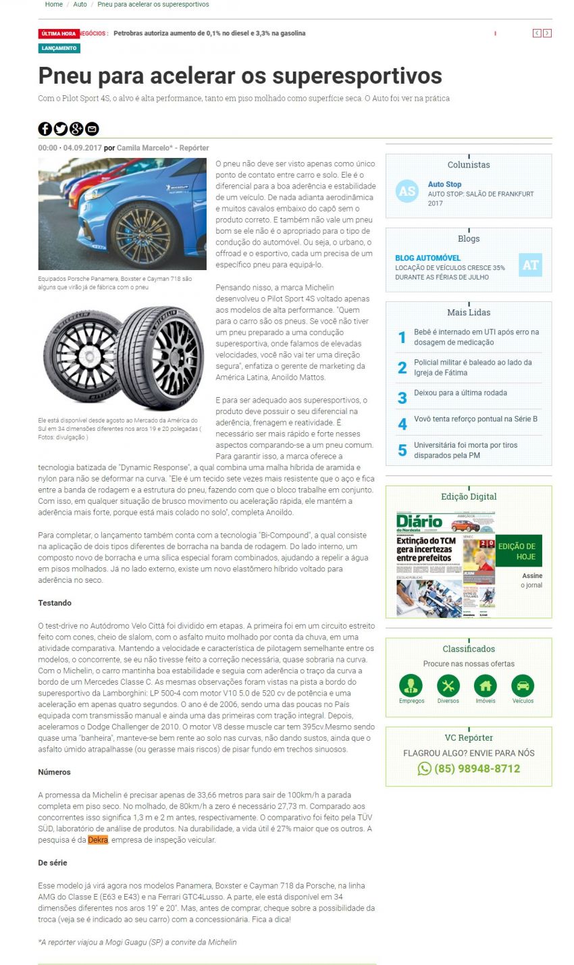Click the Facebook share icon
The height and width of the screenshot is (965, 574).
tap(45, 129)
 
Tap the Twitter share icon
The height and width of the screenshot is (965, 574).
tap(61, 129)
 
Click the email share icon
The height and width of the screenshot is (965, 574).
tap(93, 129)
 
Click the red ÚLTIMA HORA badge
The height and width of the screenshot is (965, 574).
tap(59, 33)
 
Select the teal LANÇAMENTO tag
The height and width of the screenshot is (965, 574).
tap(59, 49)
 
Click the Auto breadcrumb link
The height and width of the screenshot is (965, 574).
tap(80, 4)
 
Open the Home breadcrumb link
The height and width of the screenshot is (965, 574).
tap(54, 4)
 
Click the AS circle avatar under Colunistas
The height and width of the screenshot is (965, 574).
tap(407, 191)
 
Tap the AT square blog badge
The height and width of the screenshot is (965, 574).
tap(531, 265)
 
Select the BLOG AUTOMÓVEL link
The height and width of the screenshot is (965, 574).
tap(428, 258)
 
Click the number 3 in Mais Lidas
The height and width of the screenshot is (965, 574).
tap(402, 398)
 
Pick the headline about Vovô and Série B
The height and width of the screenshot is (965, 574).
tap(475, 419)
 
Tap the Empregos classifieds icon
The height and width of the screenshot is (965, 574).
tap(411, 686)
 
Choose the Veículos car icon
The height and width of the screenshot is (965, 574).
tap(523, 686)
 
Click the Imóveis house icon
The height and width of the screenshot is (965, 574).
tap(486, 686)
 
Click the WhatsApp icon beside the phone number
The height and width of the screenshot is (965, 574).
tap(424, 768)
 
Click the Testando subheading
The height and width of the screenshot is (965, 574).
tap(55, 603)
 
